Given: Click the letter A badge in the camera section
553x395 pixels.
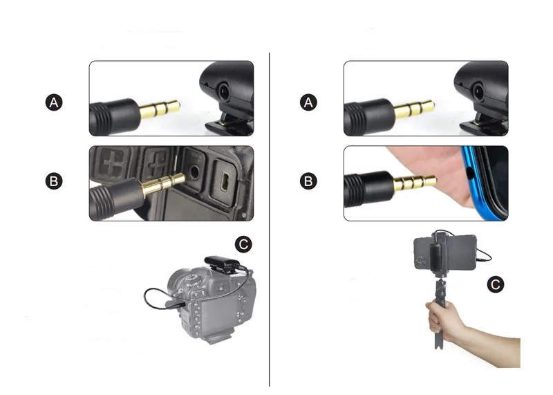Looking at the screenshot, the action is [54, 102].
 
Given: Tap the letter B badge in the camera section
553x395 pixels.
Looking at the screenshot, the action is [54, 181].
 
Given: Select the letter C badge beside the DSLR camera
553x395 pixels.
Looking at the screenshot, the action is [243, 244].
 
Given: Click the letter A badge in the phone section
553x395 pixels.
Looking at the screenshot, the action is [308, 102].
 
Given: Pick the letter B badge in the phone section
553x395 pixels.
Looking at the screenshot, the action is [308, 181].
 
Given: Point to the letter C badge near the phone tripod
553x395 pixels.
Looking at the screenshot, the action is [496, 284].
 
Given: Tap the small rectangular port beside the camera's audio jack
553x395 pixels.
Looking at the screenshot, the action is [224, 180].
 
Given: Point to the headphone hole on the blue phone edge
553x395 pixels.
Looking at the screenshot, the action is [469, 173].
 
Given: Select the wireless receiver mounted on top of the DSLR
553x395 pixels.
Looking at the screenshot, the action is [222, 264].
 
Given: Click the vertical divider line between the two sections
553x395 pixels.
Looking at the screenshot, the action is [270, 219].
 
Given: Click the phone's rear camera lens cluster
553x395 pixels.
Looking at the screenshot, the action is [420, 261].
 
